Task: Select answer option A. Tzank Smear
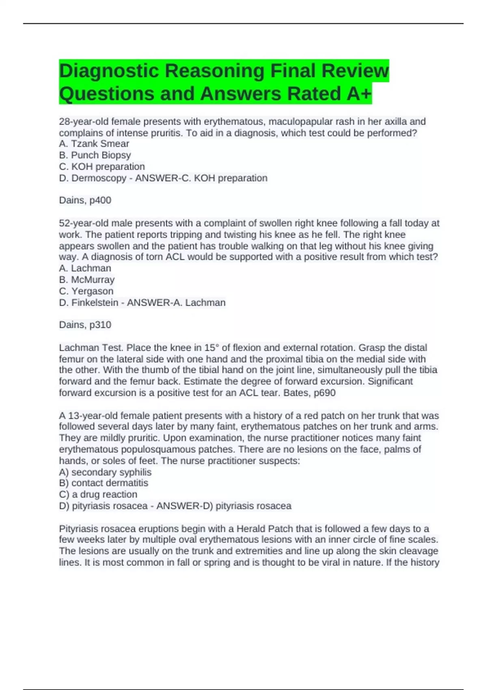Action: point(94,144)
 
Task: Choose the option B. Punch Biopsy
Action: point(95,155)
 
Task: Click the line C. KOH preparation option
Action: point(101,166)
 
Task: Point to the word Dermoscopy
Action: point(99,178)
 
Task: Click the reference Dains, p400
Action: point(85,200)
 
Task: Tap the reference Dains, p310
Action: point(85,325)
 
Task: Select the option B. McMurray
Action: point(86,280)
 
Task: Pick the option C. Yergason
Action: point(86,291)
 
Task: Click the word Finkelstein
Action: point(95,303)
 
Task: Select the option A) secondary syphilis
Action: point(105,472)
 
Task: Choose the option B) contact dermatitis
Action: point(103,483)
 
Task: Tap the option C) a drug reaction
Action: point(98,494)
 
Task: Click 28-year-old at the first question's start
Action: point(83,121)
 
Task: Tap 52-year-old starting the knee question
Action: point(83,223)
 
